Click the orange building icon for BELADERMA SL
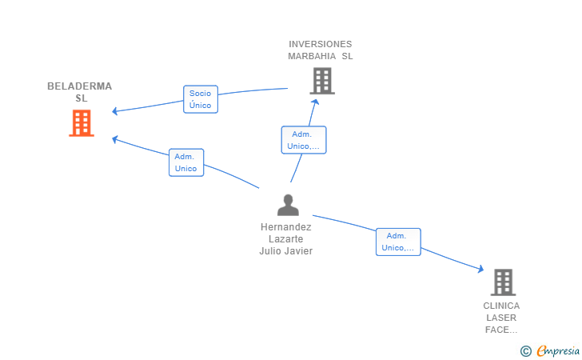pos(82,123)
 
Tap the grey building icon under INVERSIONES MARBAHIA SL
pos(322,81)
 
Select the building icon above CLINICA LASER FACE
pos(503,282)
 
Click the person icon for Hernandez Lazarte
pos(288,205)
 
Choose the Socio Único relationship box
pos(201,99)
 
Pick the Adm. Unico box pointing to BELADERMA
pos(186,162)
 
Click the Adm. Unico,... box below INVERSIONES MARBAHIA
pos(304,140)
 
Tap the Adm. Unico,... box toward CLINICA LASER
pos(398,242)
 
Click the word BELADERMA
pos(79,86)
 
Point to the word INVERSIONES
pos(321,44)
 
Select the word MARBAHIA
pos(312,56)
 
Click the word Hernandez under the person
pos(286,227)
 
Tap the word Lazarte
pos(286,239)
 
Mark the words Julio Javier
pos(286,251)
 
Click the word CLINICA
pos(501,306)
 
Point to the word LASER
pos(501,318)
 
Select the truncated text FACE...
pos(501,330)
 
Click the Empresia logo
pos(550,350)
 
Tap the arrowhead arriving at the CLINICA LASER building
pos(481,269)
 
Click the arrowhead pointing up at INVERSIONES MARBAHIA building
pos(315,102)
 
